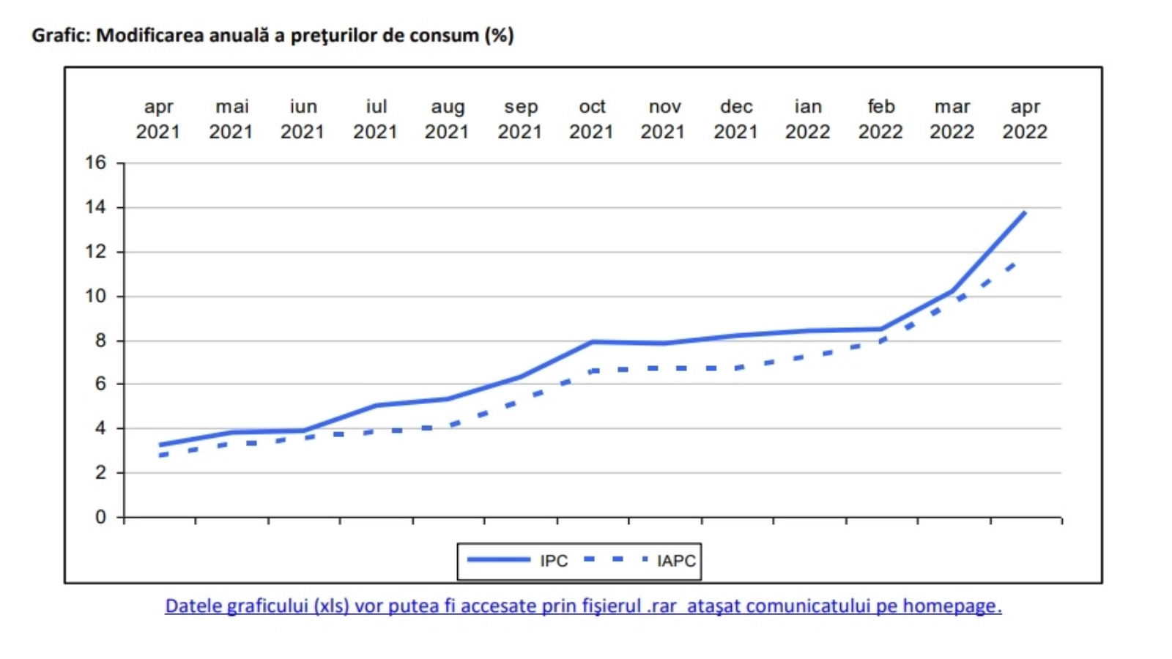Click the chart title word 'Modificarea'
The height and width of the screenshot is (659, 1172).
click(x=150, y=35)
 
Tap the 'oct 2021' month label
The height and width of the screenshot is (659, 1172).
click(x=591, y=119)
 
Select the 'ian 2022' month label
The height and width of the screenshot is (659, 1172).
click(x=807, y=119)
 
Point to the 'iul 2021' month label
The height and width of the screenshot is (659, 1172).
click(x=375, y=119)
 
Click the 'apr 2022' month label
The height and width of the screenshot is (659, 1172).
click(x=1025, y=119)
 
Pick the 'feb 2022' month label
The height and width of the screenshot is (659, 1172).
click(x=880, y=119)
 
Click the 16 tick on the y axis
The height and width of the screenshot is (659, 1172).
click(x=96, y=163)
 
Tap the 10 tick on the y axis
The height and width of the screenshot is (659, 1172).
click(x=96, y=296)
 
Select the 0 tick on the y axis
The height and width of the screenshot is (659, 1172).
click(x=100, y=517)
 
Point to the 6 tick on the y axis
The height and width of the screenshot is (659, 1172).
click(x=100, y=384)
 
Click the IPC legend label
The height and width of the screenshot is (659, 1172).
click(x=554, y=561)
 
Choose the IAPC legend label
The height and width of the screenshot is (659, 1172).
click(x=676, y=561)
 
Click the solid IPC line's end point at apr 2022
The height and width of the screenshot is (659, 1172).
click(x=1024, y=212)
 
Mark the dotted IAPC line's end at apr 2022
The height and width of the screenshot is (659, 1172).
click(x=1015, y=262)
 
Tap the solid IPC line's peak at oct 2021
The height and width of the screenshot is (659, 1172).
click(x=592, y=341)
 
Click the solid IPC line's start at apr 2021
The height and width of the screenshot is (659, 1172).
click(x=160, y=444)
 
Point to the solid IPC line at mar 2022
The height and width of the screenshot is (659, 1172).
click(x=952, y=291)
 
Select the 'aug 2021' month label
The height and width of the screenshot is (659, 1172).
click(x=447, y=119)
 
